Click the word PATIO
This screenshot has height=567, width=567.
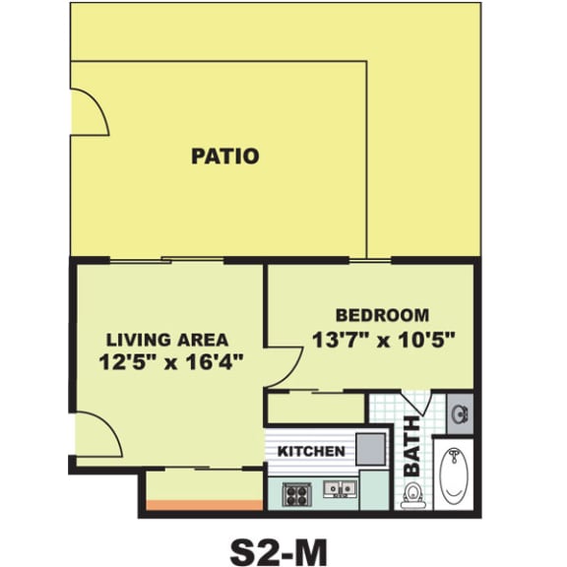click(x=224, y=156)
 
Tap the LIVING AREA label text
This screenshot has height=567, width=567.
click(x=167, y=340)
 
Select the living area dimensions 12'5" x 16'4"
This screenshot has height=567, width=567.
click(x=171, y=361)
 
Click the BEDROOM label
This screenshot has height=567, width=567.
click(x=382, y=316)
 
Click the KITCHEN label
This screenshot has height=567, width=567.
click(x=311, y=452)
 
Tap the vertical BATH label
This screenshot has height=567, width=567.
click(x=410, y=444)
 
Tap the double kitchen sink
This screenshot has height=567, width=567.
click(x=339, y=488)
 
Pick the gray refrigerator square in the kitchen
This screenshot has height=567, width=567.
click(x=369, y=448)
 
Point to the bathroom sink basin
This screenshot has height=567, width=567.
click(x=460, y=412)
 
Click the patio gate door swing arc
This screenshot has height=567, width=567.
click(x=89, y=110)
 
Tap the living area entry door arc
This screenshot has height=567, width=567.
click(x=96, y=435)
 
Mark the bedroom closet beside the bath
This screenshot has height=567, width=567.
click(x=315, y=408)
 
